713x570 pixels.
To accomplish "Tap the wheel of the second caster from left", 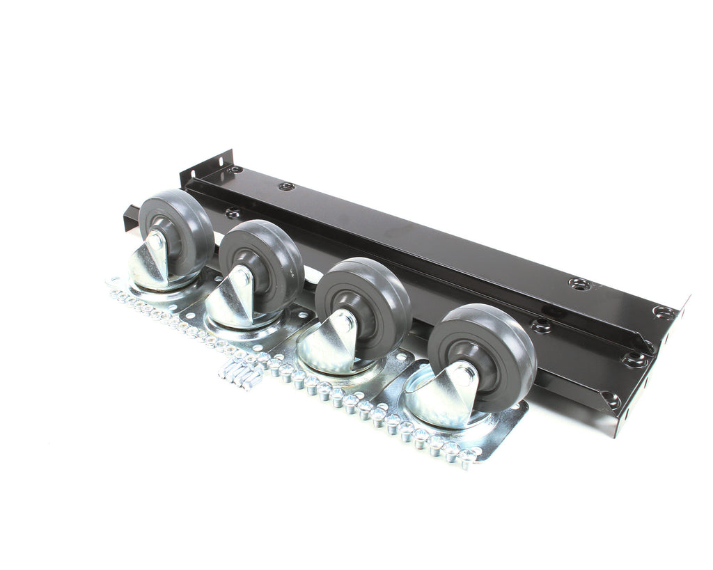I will (268, 254).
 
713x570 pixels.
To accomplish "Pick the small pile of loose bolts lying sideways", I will (240, 376).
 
